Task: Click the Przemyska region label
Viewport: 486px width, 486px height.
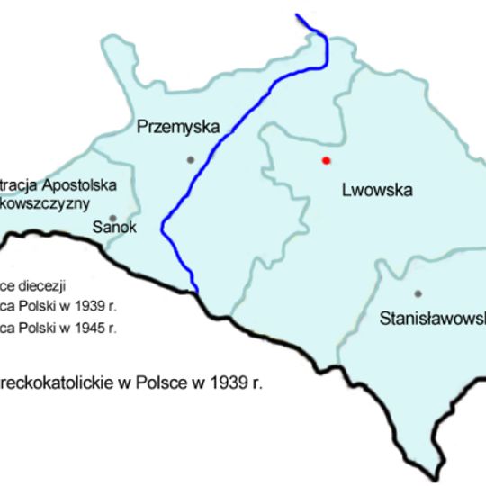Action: coord(178,128)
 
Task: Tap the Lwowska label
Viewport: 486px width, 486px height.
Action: coord(377,190)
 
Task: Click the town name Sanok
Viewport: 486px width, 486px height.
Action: coord(115,228)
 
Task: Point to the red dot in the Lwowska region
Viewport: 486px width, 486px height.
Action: coord(326,160)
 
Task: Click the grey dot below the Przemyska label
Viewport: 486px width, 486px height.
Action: coord(190,159)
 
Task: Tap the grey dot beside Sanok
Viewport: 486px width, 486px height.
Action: coord(112,217)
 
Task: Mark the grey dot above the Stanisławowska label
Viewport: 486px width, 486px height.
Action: coord(418,293)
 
